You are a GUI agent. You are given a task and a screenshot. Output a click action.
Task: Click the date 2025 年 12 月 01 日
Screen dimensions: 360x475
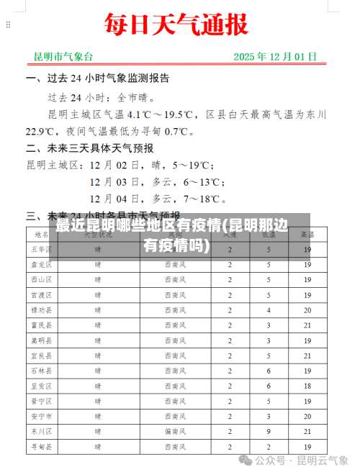click(x=275, y=56)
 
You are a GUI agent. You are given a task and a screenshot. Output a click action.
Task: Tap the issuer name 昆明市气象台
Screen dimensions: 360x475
click(x=63, y=56)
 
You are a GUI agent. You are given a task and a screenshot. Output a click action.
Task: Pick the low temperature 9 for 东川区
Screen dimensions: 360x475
click(x=268, y=431)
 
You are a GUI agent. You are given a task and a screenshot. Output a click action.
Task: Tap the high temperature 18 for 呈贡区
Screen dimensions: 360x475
click(x=307, y=386)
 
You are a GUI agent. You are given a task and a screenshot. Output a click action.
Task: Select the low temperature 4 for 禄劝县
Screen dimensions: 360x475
click(x=268, y=310)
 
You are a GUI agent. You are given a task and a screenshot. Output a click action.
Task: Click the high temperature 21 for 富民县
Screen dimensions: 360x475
click(x=307, y=325)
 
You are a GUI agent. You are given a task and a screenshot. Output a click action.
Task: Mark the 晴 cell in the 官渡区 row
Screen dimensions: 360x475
click(x=98, y=295)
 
